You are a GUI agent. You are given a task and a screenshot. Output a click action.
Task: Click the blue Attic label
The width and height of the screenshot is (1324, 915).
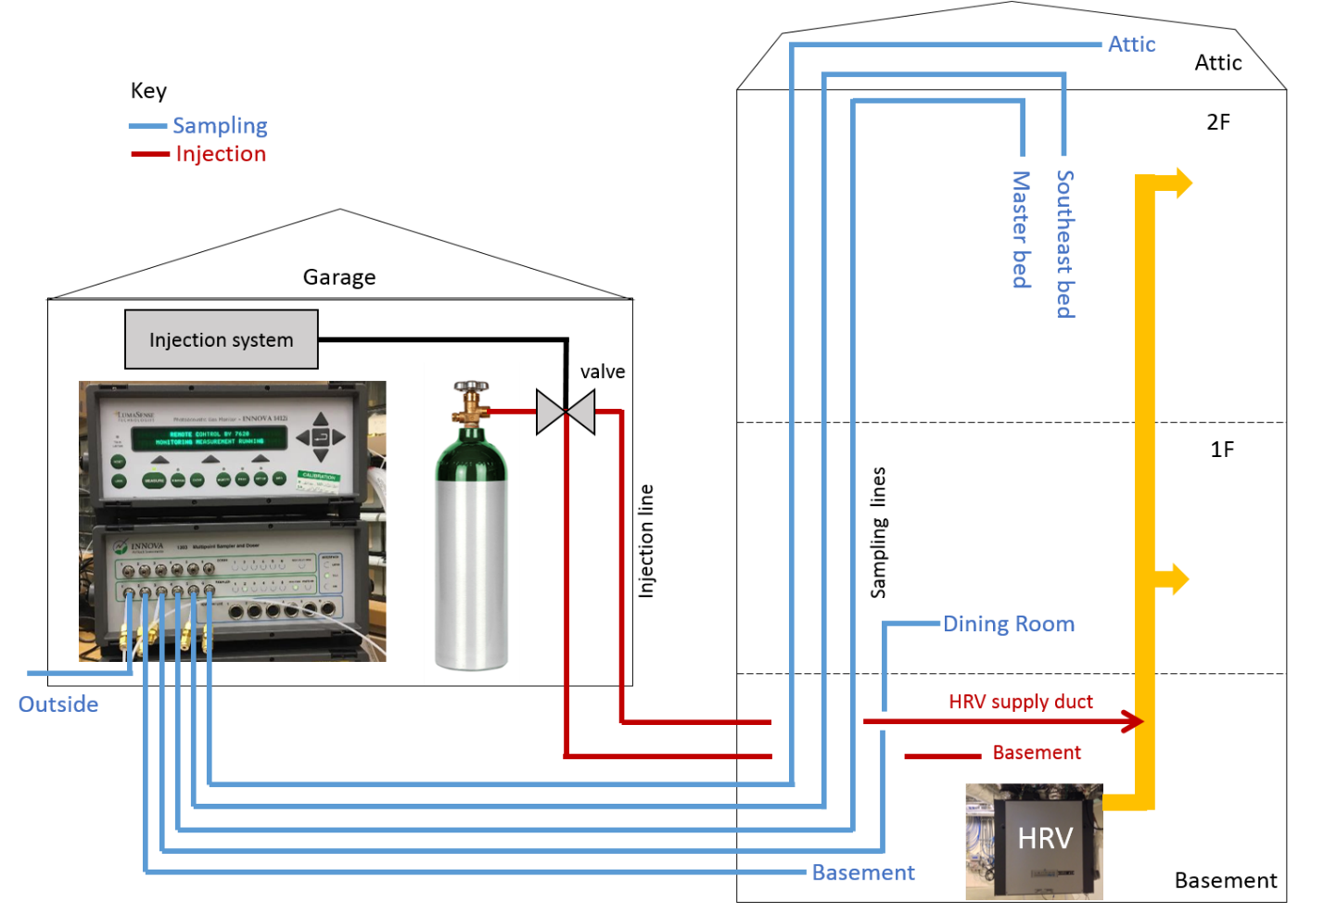point(1131,44)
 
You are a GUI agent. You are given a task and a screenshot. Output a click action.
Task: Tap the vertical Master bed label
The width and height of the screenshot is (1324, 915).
point(1020,230)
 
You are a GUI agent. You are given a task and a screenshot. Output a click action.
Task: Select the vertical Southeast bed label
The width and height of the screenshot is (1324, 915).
point(1065,244)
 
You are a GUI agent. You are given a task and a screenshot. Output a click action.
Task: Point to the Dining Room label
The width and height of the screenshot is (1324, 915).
point(1009,624)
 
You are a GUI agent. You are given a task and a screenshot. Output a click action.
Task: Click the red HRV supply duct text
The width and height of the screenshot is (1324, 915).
point(1020,702)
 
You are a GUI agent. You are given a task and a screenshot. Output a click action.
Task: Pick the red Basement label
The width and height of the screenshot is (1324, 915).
point(1037,752)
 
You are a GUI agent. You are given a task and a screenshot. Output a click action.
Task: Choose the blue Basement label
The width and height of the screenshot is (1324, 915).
point(863,872)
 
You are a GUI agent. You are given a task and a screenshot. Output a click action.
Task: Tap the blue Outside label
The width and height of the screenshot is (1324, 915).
point(58,704)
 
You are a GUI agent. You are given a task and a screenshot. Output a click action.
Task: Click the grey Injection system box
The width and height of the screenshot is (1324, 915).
point(222,339)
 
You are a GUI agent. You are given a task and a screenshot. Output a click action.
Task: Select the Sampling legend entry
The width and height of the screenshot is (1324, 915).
point(220,125)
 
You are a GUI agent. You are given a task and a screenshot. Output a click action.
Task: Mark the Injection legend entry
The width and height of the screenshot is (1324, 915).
point(221,154)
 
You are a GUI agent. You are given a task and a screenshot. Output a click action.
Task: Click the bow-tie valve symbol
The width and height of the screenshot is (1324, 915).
point(566,412)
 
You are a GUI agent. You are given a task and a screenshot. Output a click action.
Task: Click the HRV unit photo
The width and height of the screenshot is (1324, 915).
point(1034,841)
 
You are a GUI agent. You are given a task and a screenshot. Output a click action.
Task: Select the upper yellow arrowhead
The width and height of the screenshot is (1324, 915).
point(1184,184)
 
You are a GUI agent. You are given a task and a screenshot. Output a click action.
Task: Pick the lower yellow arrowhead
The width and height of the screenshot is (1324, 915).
point(1180,579)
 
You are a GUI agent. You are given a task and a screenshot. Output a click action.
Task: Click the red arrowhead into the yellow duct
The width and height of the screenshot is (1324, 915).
point(1132,721)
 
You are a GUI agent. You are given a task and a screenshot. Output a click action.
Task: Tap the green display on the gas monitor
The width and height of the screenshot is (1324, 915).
point(210,438)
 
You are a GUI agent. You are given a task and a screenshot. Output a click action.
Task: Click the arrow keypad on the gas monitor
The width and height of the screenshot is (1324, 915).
point(321,437)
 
